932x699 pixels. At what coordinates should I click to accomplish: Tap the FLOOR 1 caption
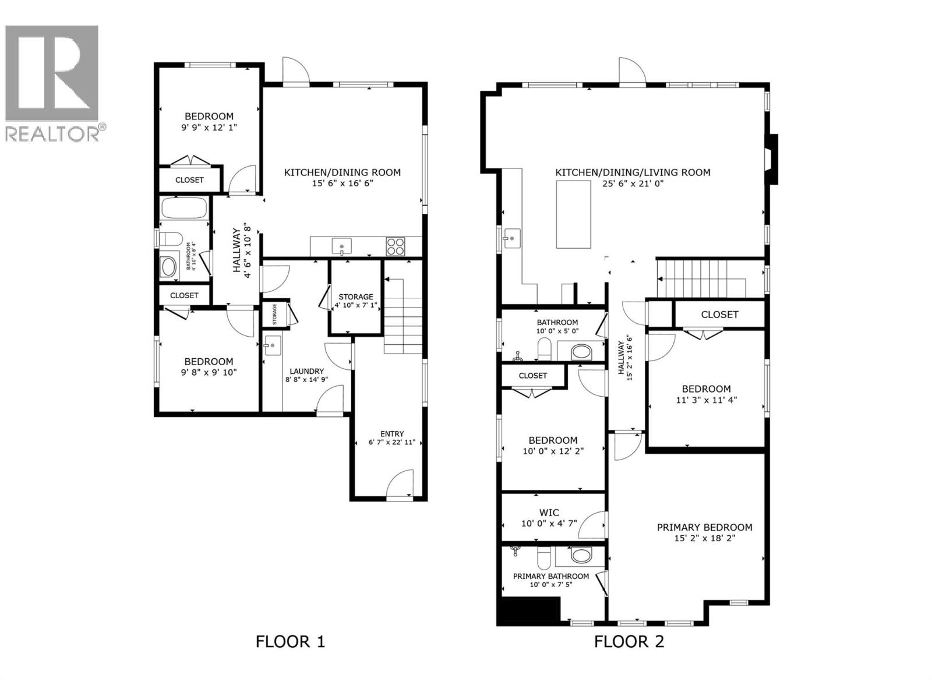tap(290, 641)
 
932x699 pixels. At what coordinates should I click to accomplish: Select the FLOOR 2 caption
tap(629, 641)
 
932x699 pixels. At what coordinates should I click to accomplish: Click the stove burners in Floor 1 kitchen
tap(396, 246)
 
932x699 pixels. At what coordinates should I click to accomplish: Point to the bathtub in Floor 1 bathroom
tap(184, 208)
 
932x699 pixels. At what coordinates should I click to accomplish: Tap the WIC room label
tap(549, 513)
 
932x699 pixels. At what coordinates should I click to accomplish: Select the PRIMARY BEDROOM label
tap(704, 527)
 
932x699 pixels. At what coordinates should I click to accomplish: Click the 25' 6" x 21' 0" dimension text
tap(633, 183)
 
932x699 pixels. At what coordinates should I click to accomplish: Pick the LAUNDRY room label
tap(306, 371)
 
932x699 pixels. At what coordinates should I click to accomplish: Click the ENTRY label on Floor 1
tap(392, 433)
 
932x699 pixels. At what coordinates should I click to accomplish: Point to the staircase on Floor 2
tap(701, 278)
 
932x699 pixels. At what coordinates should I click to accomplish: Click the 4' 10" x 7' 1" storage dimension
tap(356, 305)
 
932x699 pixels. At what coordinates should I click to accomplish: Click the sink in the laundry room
tap(272, 345)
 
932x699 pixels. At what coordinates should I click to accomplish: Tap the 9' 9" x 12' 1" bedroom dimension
tap(209, 127)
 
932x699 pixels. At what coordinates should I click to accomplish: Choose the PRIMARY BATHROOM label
tap(550, 576)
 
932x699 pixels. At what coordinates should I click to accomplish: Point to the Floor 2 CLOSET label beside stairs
tap(719, 315)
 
